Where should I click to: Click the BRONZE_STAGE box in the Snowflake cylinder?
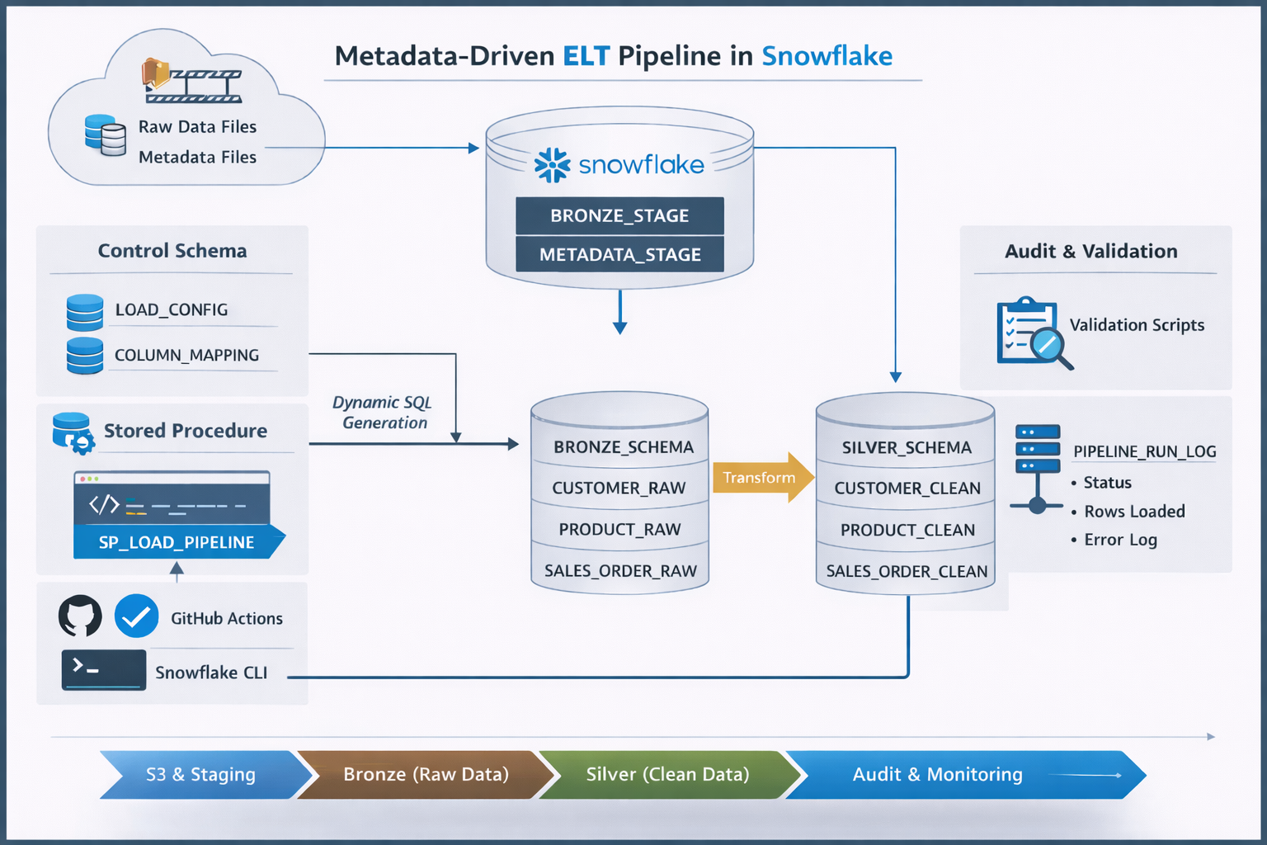click(619, 215)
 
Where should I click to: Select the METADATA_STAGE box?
click(619, 254)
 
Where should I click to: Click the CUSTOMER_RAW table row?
click(619, 488)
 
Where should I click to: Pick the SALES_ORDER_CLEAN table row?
click(906, 571)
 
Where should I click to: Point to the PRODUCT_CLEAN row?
click(907, 530)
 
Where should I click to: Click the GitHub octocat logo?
click(80, 616)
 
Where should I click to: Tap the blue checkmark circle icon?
click(137, 616)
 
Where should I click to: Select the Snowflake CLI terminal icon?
click(104, 669)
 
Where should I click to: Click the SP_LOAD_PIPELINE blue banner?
click(177, 542)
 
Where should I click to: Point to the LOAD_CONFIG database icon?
click(85, 312)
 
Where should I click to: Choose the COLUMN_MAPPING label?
click(186, 355)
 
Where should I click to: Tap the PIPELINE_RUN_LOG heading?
click(1144, 451)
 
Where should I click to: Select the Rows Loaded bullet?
click(1133, 512)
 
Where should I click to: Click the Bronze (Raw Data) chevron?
click(426, 774)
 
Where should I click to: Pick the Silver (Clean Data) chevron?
click(667, 774)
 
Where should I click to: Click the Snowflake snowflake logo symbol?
click(552, 165)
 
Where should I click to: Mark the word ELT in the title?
click(586, 56)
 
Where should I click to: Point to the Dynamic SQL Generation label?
click(383, 413)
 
